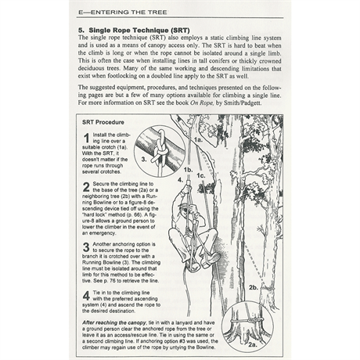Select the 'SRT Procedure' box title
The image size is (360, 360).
click(106, 123)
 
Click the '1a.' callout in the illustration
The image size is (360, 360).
click(197, 139)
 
